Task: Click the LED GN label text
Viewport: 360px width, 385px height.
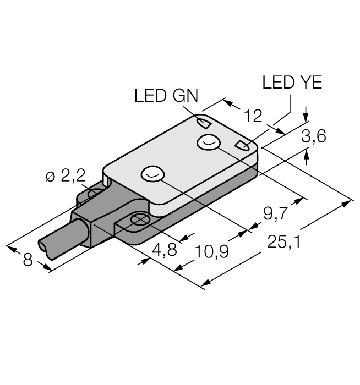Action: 163,96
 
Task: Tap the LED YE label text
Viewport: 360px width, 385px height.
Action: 292,83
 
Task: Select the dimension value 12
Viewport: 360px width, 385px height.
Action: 253,116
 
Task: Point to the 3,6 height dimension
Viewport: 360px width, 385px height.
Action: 314,136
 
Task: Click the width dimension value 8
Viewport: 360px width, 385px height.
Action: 28,260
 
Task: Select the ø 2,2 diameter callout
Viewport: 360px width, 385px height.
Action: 65,177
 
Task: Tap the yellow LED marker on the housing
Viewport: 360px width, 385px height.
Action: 242,145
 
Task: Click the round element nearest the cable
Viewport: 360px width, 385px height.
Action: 152,174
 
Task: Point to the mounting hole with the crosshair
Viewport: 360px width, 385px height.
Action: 140,221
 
